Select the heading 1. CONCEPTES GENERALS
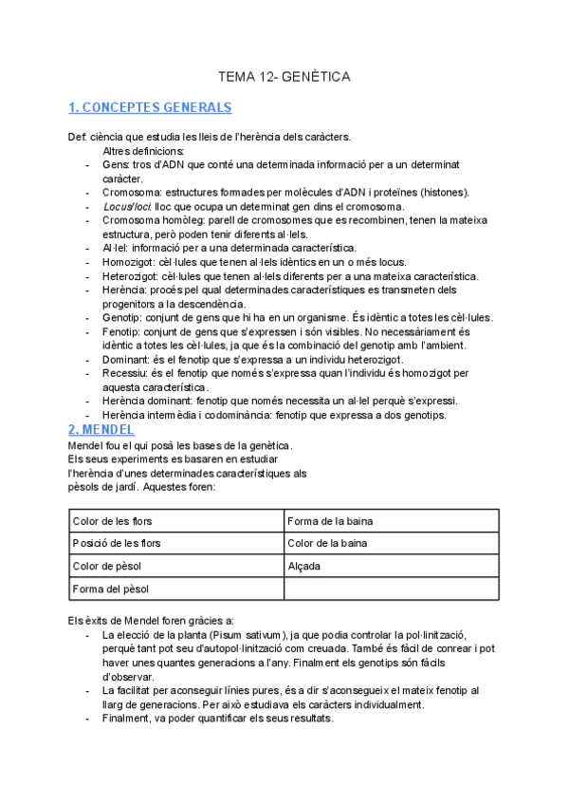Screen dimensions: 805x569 [151, 107]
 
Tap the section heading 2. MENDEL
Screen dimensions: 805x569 [101, 429]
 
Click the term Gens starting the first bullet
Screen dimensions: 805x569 [114, 164]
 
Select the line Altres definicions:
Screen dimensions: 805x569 [143, 151]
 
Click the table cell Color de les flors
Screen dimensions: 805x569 [112, 521]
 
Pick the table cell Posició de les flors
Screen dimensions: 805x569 [116, 543]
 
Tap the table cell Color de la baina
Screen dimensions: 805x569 [327, 543]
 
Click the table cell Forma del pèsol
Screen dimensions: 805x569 [111, 589]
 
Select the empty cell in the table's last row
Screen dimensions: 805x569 [391, 589]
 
